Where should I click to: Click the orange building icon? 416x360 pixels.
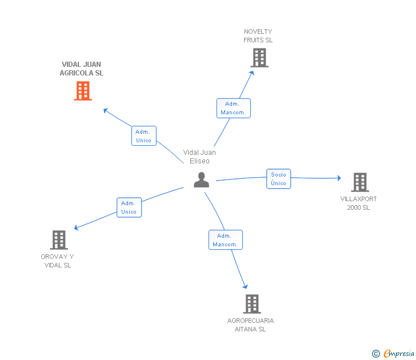tap(83, 91)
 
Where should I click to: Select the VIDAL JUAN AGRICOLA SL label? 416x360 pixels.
tap(82, 69)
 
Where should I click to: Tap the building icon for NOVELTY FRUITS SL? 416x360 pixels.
tap(259, 58)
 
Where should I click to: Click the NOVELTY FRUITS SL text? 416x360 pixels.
tap(258, 36)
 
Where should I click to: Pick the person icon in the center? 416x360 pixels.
tap(201, 180)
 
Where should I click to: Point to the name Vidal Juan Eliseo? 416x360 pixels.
tap(199, 157)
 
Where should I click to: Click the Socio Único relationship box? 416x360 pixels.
tap(279, 179)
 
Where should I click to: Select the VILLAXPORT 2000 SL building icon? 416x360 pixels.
tap(360, 182)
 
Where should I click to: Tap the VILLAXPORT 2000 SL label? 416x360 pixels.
tap(358, 203)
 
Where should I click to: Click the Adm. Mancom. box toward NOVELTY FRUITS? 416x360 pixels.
tap(234, 108)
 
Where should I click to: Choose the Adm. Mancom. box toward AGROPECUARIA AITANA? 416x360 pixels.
tap(226, 240)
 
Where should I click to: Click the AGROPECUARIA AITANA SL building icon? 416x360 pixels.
tap(252, 304)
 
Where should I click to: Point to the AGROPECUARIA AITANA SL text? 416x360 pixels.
tap(250, 325)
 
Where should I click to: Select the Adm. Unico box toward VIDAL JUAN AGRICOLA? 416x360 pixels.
tap(144, 136)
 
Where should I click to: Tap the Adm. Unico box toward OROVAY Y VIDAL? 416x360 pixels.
tap(129, 207)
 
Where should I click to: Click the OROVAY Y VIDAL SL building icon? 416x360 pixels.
tap(59, 240)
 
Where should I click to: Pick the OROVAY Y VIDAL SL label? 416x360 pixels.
tap(57, 261)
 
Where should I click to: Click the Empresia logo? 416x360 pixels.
tap(393, 353)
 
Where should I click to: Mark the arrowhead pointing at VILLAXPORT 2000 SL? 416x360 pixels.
tap(339, 178)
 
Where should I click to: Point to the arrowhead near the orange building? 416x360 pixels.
tap(105, 110)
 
